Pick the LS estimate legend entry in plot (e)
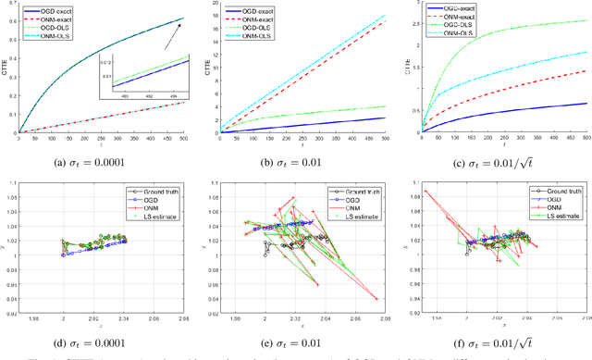pyautogui.click(x=349, y=217)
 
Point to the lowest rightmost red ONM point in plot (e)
pyautogui.click(x=377, y=299)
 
